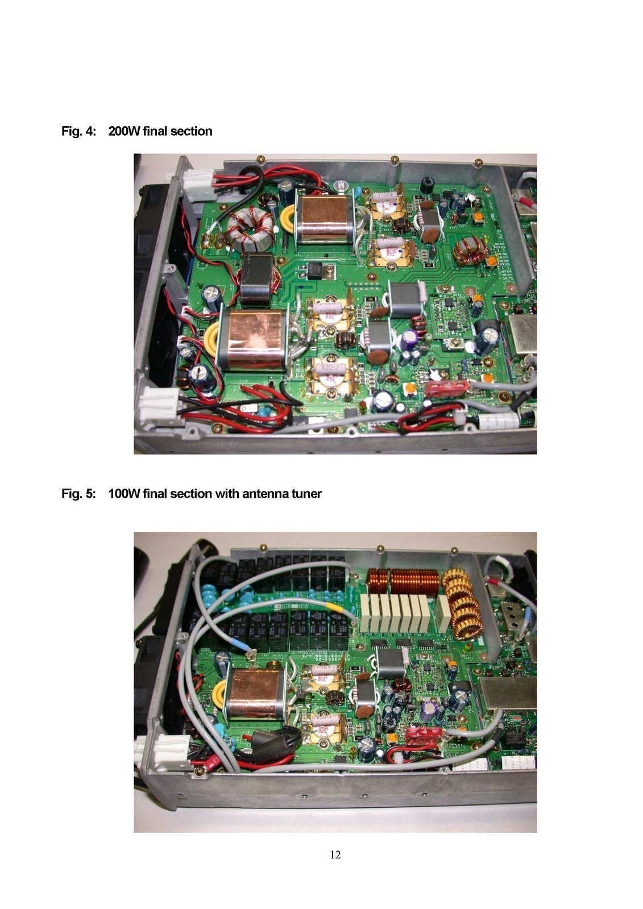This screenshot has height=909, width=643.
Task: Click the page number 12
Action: [335, 854]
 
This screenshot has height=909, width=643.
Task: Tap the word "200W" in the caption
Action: [125, 131]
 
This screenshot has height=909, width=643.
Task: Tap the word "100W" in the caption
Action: [125, 494]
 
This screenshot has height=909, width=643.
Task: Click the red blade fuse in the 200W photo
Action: [447, 389]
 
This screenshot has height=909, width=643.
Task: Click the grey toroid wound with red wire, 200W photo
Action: [250, 228]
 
